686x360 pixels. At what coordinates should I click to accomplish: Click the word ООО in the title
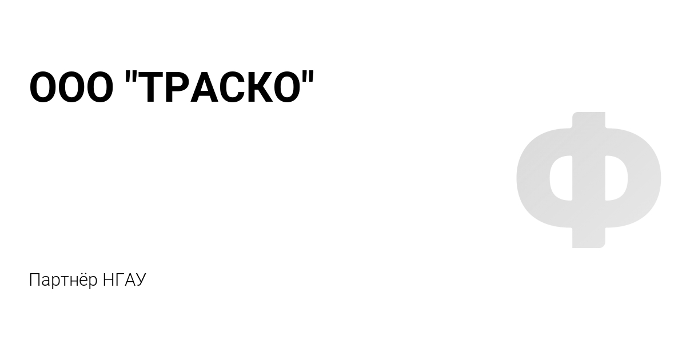click(x=71, y=87)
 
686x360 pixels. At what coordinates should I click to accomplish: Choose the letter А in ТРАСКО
click(x=204, y=87)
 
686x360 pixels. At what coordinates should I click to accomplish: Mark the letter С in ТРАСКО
click(x=233, y=87)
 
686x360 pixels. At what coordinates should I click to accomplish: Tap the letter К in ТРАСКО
click(x=260, y=87)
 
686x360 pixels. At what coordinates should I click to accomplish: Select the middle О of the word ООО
click(x=71, y=87)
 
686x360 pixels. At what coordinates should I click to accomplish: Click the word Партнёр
click(x=63, y=280)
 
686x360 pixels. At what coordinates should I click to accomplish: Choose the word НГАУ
click(x=125, y=280)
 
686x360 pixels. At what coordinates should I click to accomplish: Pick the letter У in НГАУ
click(x=140, y=280)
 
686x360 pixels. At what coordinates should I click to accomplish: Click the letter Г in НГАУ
click(x=118, y=280)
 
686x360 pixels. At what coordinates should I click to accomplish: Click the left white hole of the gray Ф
click(x=561, y=178)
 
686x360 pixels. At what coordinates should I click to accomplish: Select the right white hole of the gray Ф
click(x=616, y=178)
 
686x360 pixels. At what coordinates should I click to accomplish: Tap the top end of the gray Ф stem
click(x=589, y=113)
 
